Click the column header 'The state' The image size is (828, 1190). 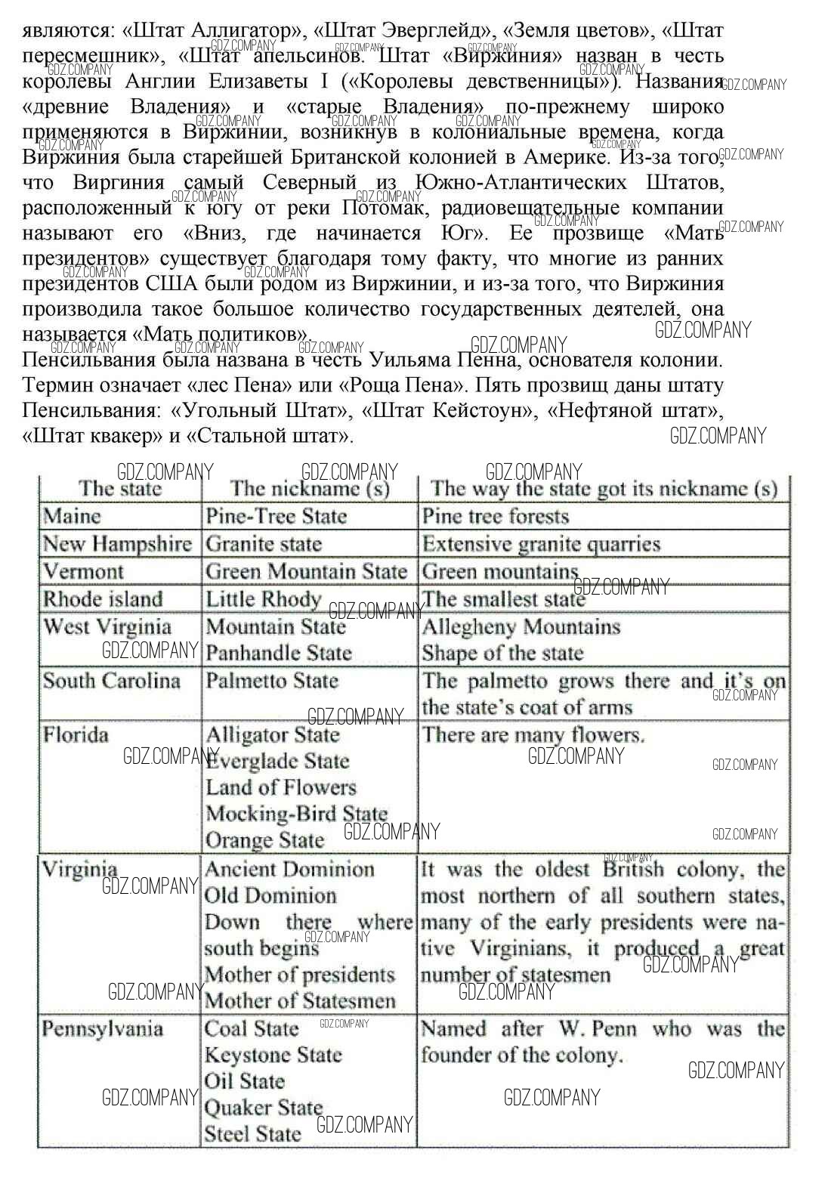coord(121,488)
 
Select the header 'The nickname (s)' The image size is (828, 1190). coord(310,488)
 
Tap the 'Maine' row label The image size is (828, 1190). coord(72,516)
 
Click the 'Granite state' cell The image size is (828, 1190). coord(264,544)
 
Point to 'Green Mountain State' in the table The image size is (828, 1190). coord(306,571)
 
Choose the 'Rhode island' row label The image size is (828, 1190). coord(103,599)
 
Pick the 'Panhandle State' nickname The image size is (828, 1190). coord(279,653)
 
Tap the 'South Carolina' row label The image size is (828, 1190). coord(112,681)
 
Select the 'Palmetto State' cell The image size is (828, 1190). coord(272,681)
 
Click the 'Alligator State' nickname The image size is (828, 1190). coord(273,734)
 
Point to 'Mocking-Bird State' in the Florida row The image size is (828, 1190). coord(296,814)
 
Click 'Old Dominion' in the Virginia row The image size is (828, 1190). coord(270,896)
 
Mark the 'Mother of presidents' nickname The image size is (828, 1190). coord(300,975)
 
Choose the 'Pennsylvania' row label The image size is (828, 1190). coord(103,1029)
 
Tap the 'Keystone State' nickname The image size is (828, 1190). coord(273,1055)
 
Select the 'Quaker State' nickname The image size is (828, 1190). coord(264,1108)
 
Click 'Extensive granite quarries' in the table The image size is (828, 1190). coord(541,544)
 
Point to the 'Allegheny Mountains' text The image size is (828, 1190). coord(521,627)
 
